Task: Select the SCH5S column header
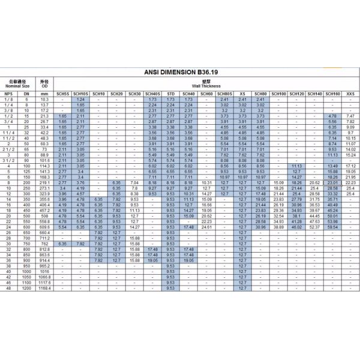tap(63, 94)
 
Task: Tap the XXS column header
tap(350, 94)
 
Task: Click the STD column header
tap(171, 94)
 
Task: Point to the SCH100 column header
tap(278, 94)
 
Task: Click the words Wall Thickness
tap(206, 86)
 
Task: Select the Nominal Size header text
tap(17, 86)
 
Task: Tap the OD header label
tap(44, 86)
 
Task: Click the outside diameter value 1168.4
tap(44, 289)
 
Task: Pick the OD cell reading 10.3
tap(44, 99)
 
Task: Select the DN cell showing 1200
tap(26, 289)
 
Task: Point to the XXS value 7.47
tap(350, 116)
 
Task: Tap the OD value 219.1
tap(44, 181)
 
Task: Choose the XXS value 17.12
tap(350, 166)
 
